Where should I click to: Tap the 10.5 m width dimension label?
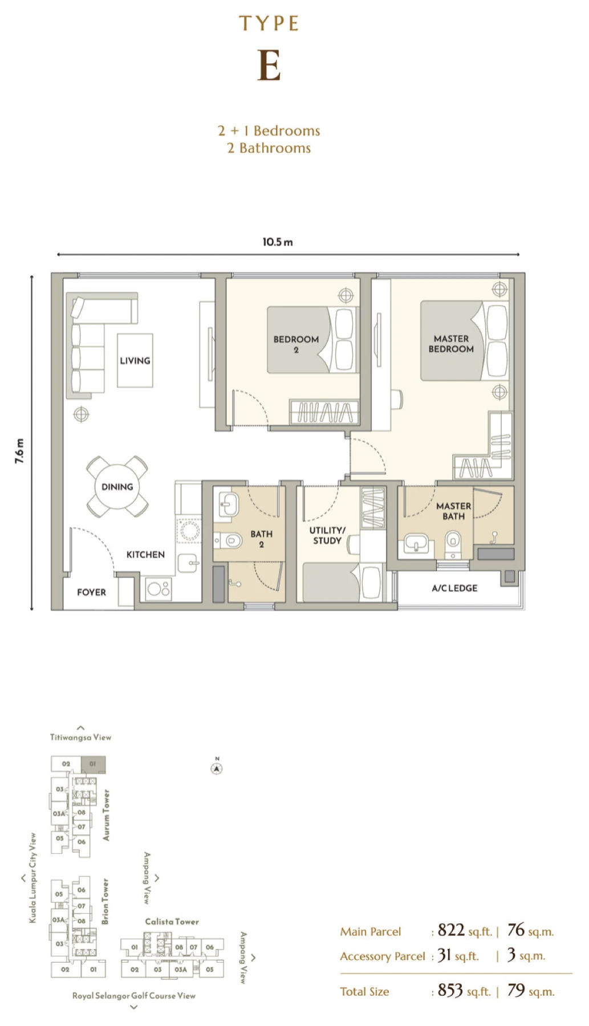point(278,242)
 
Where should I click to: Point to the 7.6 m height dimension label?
point(20,451)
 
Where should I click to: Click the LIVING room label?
point(135,361)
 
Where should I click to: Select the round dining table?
point(117,487)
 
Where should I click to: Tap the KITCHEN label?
point(145,555)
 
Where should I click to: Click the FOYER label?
point(92,592)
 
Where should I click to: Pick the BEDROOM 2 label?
point(296,344)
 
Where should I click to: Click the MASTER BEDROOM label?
point(451,344)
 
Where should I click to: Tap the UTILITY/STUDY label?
point(327,535)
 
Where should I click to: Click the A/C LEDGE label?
point(454,588)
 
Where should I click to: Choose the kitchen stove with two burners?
point(158,589)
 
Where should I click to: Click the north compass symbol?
point(217,767)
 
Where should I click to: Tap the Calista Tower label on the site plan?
point(172,922)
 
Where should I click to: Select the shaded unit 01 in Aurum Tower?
point(93,764)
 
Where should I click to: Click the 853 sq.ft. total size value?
point(464,991)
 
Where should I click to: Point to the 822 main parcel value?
point(451,931)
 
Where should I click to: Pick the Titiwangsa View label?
point(80,737)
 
